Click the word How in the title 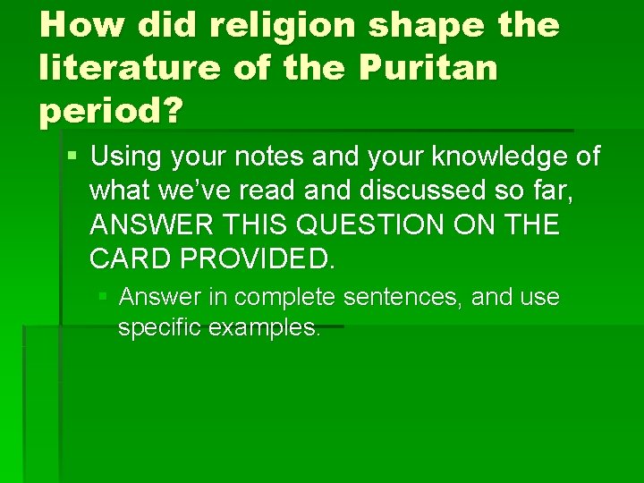(78, 26)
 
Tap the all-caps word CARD (126, 258)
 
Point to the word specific (159, 327)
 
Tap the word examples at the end (264, 327)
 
